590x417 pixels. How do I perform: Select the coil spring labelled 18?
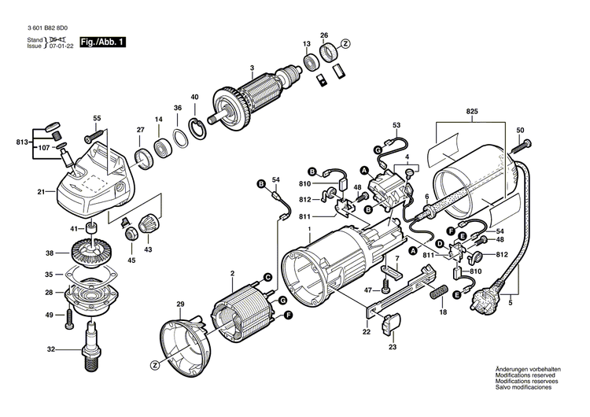pyautogui.click(x=435, y=295)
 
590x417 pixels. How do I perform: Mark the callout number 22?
pyautogui.click(x=367, y=333)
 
